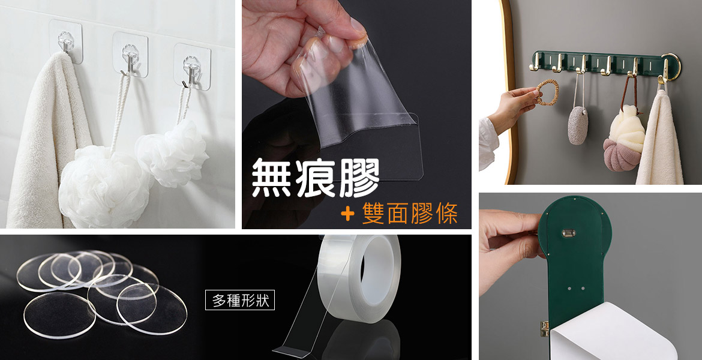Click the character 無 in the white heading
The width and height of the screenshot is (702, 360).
(x=271, y=178)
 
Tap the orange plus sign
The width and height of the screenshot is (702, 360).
(x=347, y=214)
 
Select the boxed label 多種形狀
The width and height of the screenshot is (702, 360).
(x=240, y=300)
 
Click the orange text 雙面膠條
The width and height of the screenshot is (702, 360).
(x=410, y=213)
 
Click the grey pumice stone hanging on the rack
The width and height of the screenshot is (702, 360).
(x=578, y=125)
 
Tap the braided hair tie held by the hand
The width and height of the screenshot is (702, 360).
(x=547, y=92)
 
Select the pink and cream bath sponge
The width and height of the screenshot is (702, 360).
(x=624, y=139)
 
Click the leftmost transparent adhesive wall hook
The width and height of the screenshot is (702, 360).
(x=66, y=41)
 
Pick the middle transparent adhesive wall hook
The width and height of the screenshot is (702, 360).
(x=130, y=54)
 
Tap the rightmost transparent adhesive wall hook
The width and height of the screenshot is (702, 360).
(x=192, y=66)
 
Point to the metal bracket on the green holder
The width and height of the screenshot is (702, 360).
(x=569, y=233)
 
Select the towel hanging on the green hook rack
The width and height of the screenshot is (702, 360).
(x=659, y=138)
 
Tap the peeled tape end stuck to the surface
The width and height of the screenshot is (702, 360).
(x=291, y=350)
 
